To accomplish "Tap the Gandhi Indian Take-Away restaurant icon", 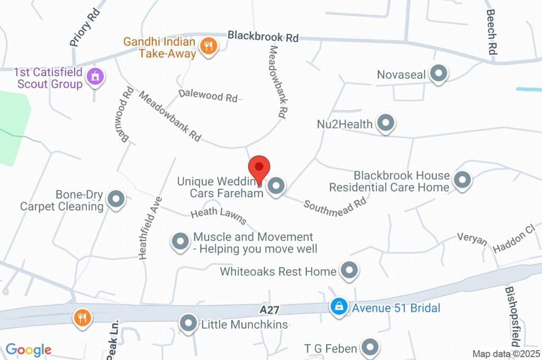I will (x=210, y=46).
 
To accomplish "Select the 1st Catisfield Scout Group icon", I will (x=95, y=76).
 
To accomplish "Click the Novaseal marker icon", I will (x=438, y=74).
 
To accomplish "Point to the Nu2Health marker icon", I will (x=386, y=123).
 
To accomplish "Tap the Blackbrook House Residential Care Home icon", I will (x=463, y=180).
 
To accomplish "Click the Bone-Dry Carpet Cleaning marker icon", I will (x=115, y=200).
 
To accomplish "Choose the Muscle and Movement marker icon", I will (x=180, y=242).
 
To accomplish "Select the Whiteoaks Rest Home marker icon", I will (x=349, y=271).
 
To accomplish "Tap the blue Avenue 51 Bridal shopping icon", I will (x=339, y=307).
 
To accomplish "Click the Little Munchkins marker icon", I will (x=188, y=323).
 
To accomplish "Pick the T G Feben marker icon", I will (x=370, y=348).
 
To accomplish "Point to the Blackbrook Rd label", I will (x=263, y=37).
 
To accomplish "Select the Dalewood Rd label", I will (x=207, y=95).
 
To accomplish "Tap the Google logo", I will (x=28, y=349).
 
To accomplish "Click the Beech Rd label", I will (x=491, y=32).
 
